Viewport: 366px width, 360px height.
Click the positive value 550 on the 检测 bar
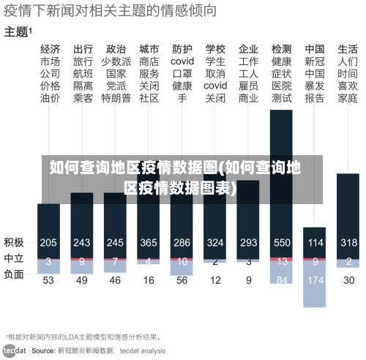282,242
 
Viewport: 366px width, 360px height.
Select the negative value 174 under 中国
315,280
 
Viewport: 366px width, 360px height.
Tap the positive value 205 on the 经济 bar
49,242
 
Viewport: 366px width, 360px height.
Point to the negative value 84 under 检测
282,280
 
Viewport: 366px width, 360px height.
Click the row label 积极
13,242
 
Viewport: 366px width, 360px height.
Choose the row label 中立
13,258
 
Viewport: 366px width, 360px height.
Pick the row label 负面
13,274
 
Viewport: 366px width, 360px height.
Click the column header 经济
50,49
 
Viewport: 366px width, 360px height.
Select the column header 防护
182,49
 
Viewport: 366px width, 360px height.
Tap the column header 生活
348,49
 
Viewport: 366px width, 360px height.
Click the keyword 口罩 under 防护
182,74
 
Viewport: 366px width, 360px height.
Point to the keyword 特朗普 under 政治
116,98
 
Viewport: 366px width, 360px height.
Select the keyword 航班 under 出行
83,74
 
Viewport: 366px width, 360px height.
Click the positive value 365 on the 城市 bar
149,242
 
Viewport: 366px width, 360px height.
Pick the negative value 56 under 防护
182,280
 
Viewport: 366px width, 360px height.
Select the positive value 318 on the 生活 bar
348,242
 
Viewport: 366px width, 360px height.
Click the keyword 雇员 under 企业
249,86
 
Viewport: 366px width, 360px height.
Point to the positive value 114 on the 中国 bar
315,242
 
